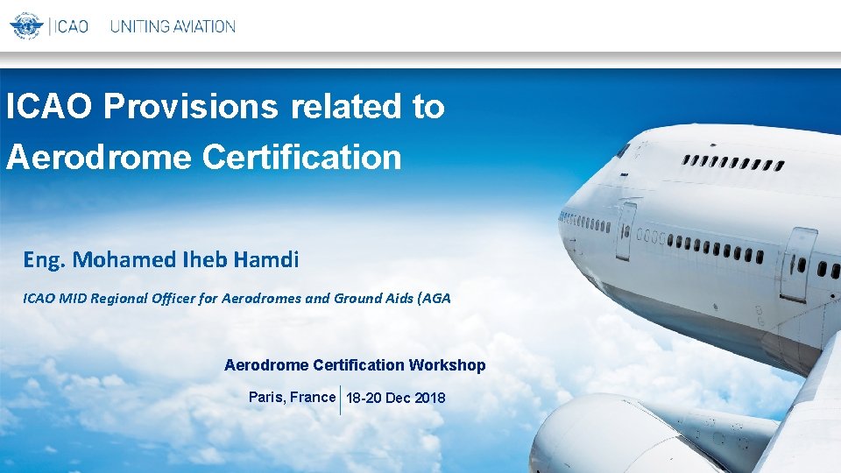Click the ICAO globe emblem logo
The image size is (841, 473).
(26, 25)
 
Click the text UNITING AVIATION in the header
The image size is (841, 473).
(173, 26)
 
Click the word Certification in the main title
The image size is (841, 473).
(301, 157)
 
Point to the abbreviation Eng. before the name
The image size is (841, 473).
(45, 260)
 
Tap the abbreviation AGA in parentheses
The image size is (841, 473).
(436, 299)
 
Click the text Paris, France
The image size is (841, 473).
(292, 398)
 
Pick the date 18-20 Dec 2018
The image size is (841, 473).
(396, 399)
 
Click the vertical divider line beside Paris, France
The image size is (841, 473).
(340, 399)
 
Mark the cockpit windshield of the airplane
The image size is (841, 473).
(624, 151)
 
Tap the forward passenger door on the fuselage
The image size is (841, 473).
(625, 230)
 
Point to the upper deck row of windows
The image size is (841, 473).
(734, 163)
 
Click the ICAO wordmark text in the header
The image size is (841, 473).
(71, 26)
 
